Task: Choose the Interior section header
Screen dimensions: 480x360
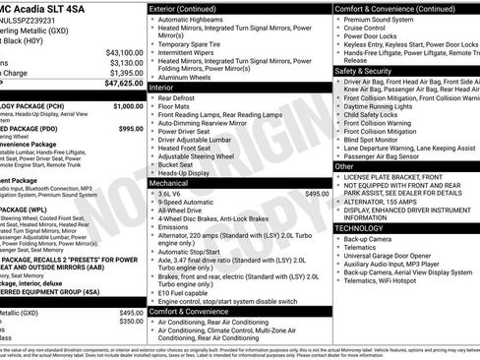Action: pyautogui.click(x=162, y=87)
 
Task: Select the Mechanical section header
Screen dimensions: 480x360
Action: pyautogui.click(x=169, y=183)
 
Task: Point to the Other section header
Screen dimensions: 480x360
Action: pyautogui.click(x=345, y=166)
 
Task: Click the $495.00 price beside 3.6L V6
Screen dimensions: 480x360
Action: pyautogui.click(x=317, y=194)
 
